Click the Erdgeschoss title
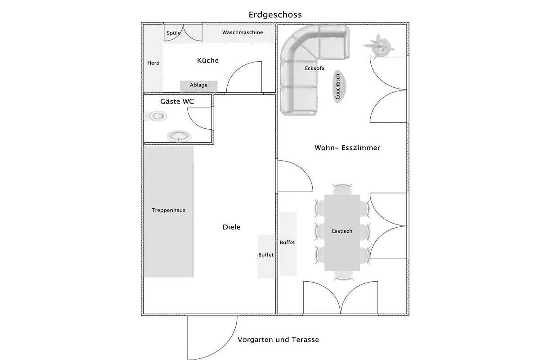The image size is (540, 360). coord(275,15)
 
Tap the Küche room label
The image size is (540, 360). coord(208,60)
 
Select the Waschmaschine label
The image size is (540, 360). coord(243,32)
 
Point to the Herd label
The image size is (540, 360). coord(153,63)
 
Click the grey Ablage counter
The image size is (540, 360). coord(198,86)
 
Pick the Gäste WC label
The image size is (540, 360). coord(177,102)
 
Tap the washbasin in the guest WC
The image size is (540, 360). coord(179,136)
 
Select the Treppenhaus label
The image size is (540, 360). coord(168,210)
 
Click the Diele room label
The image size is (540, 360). coord(231,227)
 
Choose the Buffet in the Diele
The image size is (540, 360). coord(266,256)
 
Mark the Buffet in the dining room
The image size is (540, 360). coord(288,244)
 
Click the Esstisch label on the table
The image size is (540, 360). coord(342,231)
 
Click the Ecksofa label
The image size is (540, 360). coord(315,68)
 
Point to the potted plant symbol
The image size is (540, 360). coord(379,45)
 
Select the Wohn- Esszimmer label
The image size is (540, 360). coord(347,148)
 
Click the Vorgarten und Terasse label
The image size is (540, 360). coord(278,339)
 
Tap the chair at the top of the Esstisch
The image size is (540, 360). coord(342,189)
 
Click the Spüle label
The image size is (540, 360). coord(174,33)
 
